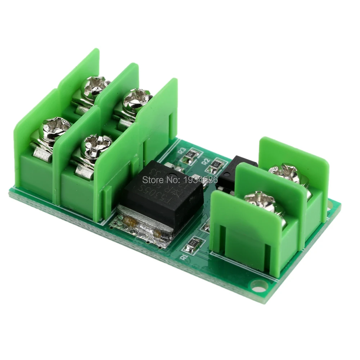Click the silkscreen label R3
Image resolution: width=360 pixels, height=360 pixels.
[182, 150]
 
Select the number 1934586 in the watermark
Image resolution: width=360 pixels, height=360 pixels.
[200, 179]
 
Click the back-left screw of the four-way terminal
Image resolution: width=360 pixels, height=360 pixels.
[95, 87]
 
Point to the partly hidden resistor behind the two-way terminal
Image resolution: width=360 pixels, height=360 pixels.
[207, 227]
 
